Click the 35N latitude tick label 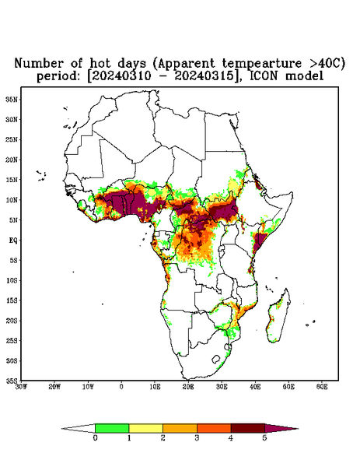point(12,100)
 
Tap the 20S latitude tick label point(12,321)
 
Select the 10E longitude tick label point(155,387)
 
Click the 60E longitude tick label point(322,387)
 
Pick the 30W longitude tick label point(21,387)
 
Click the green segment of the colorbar point(112,428)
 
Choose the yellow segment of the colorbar point(145,428)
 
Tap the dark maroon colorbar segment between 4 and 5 point(248,428)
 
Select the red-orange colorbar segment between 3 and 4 point(214,428)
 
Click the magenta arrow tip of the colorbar point(281,429)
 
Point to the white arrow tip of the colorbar point(79,429)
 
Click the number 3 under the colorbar point(197,438)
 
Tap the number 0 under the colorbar point(95,438)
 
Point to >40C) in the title point(323,64)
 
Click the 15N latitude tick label point(12,180)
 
